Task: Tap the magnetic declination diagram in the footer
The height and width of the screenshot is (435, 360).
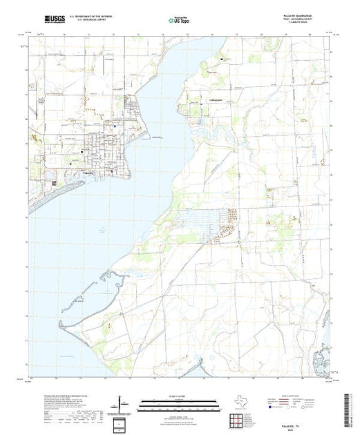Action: [x=122, y=400]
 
